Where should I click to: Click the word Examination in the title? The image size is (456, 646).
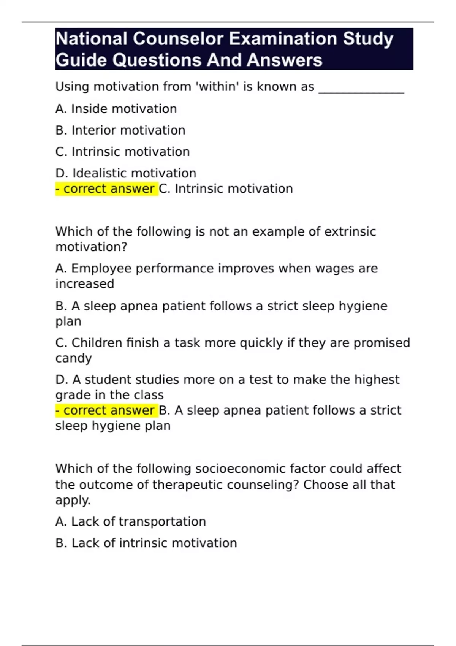[x=283, y=39]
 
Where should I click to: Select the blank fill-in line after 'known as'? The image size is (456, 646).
[x=361, y=88]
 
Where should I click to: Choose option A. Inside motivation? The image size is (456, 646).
[x=116, y=109]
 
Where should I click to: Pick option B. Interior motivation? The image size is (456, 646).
[x=120, y=130]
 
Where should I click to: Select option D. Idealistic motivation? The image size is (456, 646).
[x=125, y=173]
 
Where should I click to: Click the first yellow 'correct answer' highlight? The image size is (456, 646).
[x=106, y=189]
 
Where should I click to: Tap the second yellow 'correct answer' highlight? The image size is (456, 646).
[x=106, y=410]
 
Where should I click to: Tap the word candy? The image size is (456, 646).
[x=74, y=358]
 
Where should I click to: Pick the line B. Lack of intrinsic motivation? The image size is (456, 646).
[x=146, y=543]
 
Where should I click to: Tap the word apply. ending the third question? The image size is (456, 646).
[x=73, y=500]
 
